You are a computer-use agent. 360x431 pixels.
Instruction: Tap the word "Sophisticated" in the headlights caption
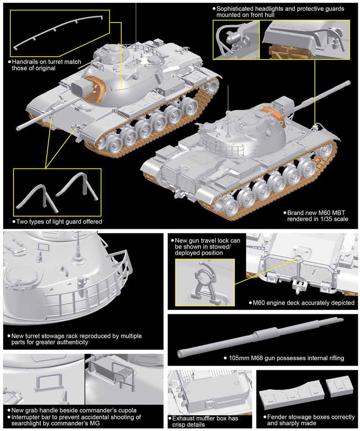pos(237,9)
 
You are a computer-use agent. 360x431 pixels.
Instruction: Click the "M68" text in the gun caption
pos(260,358)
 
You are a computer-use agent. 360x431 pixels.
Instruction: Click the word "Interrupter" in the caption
pos(26,417)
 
